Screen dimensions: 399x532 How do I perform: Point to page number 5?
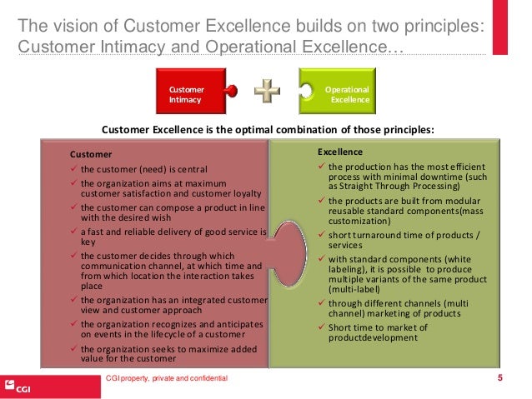tap(499, 379)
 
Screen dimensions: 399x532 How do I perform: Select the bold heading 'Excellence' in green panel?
tap(339, 152)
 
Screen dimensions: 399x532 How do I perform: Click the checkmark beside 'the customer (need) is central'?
tap(74, 169)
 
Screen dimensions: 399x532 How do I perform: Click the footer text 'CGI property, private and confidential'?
tap(164, 380)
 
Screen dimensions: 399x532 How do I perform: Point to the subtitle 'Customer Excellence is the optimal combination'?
tap(267, 130)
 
